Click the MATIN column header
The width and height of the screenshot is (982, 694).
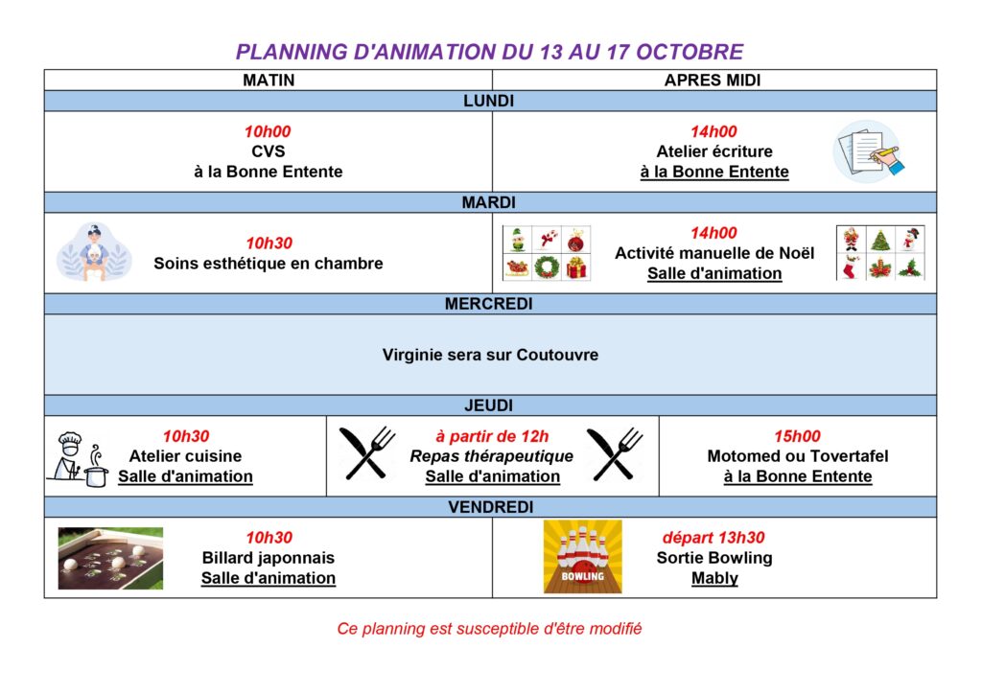coord(269,81)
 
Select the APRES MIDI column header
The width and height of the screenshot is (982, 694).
coord(713,81)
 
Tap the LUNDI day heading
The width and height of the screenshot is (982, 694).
coord(488,101)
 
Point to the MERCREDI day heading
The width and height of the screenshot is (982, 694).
coord(488,304)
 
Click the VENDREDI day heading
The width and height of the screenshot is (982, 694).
coord(490,507)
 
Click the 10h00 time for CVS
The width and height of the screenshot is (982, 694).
coord(268,131)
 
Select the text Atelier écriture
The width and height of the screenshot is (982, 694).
coord(713,151)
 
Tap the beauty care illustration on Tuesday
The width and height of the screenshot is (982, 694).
coord(94,252)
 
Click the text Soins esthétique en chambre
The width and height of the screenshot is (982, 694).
coord(269,264)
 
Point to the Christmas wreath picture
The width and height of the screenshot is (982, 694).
coord(546,267)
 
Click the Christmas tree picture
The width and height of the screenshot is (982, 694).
coord(880,240)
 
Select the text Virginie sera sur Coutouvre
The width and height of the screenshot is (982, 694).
coord(490,355)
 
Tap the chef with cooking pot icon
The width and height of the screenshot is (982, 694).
coord(79,459)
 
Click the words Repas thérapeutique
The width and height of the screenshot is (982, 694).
coord(492,456)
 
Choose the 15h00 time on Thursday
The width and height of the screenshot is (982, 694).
coord(797,436)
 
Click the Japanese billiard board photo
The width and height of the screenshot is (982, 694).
coord(110,558)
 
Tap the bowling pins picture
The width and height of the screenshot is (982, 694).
coord(582,556)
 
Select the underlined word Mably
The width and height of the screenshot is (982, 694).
coord(714,578)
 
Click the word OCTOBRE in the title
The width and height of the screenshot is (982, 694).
coord(690,52)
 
